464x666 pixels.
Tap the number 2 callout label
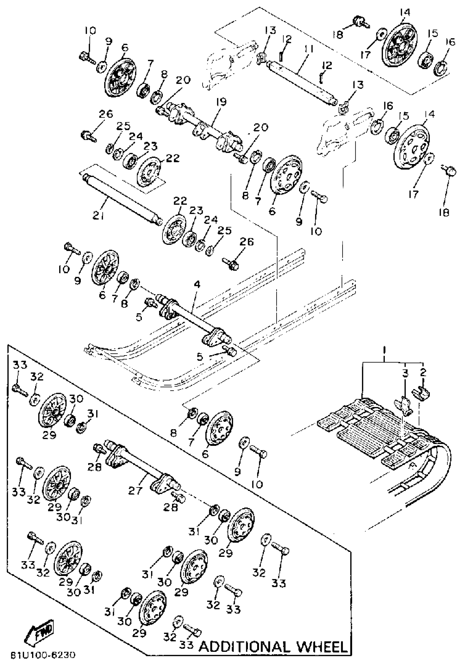coord(423,373)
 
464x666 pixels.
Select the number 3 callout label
coord(405,373)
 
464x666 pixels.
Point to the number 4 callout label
coord(197,285)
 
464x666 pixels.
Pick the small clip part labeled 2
coord(421,394)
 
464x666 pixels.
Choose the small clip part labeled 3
coord(404,404)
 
